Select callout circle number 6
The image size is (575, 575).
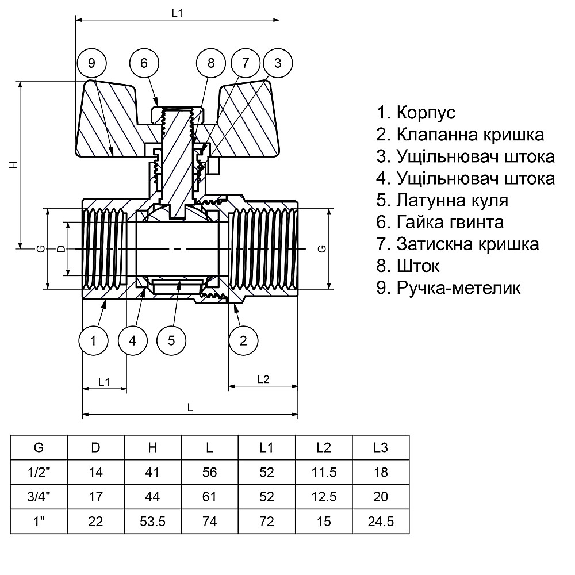click(x=144, y=63)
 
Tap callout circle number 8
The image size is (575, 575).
click(x=210, y=63)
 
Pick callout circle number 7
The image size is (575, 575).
click(x=246, y=63)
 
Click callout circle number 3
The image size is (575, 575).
click(x=278, y=63)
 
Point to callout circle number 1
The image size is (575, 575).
click(x=94, y=340)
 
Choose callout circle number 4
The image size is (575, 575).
click(x=133, y=340)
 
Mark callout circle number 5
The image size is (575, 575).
click(x=171, y=340)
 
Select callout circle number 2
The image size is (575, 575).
click(x=243, y=340)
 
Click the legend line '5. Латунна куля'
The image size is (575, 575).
click(x=443, y=201)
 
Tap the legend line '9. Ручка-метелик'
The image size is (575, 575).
click(x=448, y=287)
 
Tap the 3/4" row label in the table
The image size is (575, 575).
click(x=39, y=497)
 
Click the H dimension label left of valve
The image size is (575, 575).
click(x=15, y=165)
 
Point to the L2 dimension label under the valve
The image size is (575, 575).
click(x=263, y=379)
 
